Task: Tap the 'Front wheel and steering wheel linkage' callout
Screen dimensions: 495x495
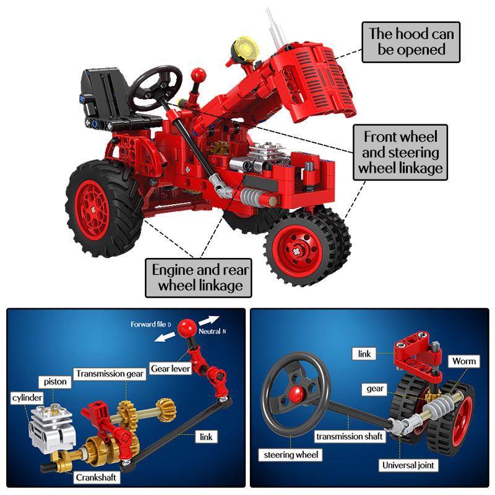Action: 400,152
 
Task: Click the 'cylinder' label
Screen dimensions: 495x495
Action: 27,397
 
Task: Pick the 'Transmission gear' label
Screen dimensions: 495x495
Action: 110,374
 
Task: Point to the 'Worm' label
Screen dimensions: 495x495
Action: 463,361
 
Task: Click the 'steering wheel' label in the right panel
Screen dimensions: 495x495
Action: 290,455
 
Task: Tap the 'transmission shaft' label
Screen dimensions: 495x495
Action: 349,436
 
